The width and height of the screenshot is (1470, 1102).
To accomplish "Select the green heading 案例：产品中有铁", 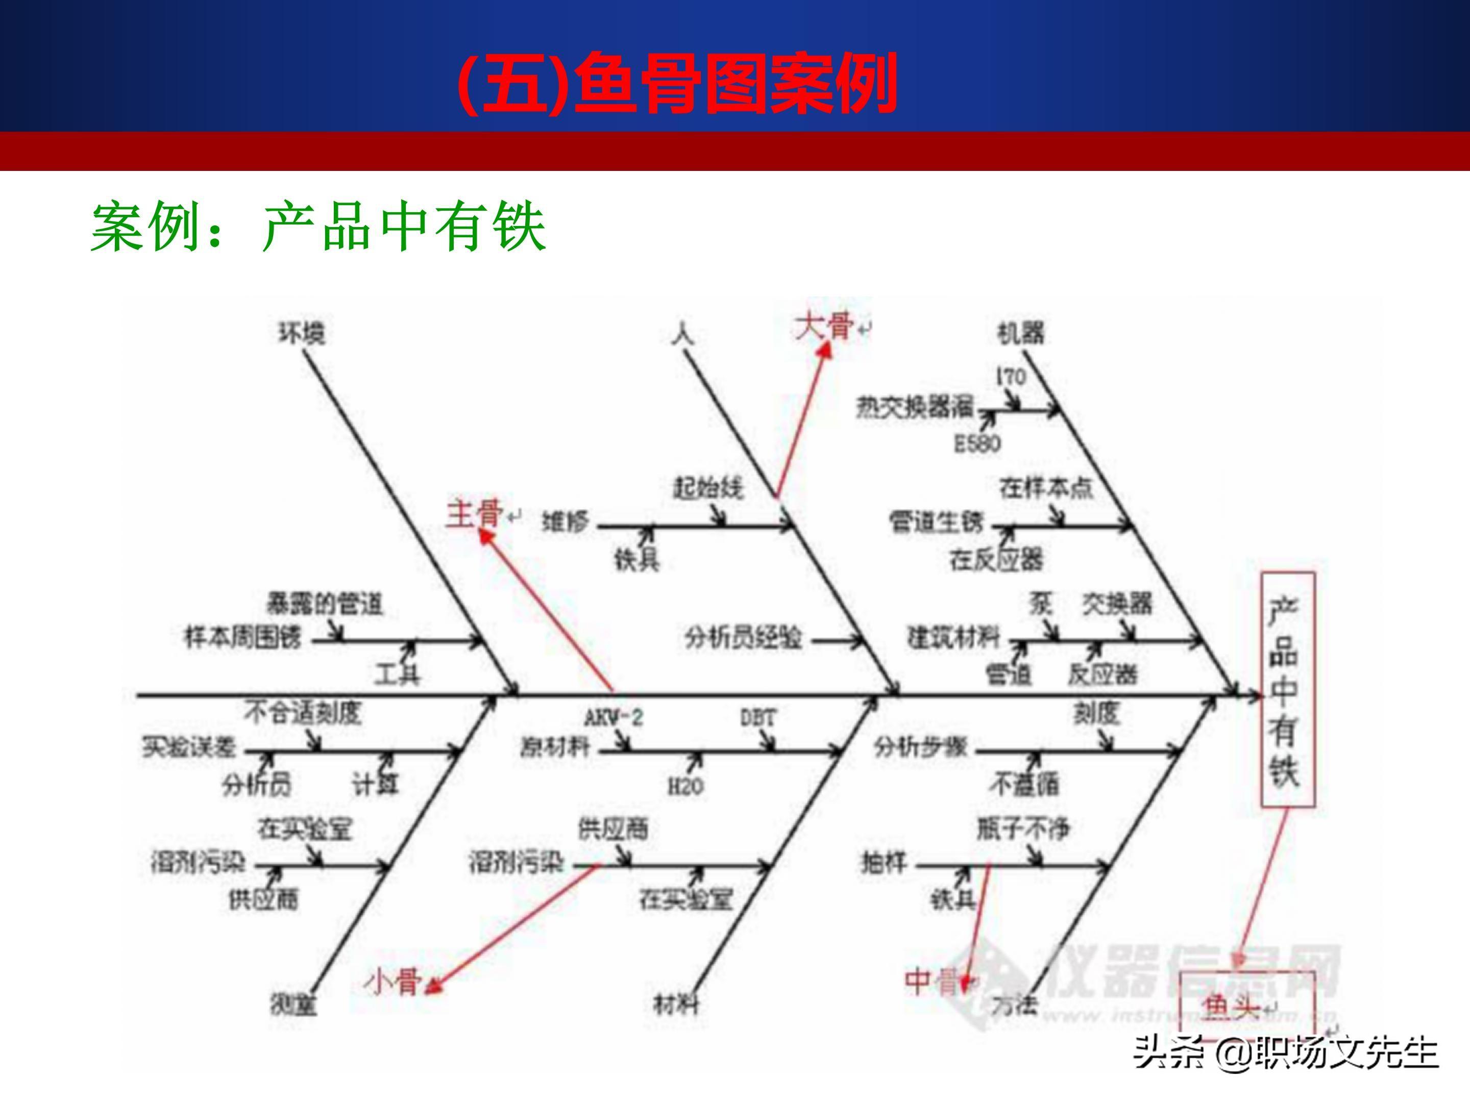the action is click(x=318, y=227).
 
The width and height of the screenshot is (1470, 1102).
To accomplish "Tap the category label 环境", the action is click(x=302, y=333).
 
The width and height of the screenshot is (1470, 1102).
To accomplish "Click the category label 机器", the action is click(x=1021, y=332).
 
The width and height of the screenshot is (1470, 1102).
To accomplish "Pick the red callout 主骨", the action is click(x=474, y=513).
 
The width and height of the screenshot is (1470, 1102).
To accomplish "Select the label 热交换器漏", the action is click(x=914, y=407).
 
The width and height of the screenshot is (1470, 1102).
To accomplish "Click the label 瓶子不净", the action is click(x=1023, y=829).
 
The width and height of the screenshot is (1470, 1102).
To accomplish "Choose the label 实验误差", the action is click(x=189, y=748).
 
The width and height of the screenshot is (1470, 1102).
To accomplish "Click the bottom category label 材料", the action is click(x=676, y=1005).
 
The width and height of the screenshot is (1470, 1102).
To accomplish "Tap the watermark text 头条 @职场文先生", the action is click(x=1286, y=1053).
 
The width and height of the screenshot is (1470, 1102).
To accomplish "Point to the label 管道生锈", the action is click(x=937, y=523).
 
